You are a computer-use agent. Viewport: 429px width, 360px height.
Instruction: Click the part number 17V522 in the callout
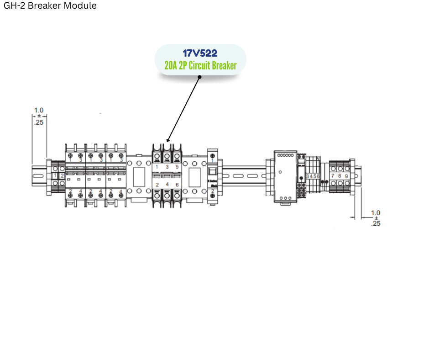(199, 53)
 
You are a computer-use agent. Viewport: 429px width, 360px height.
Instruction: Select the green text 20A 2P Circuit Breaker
(200, 66)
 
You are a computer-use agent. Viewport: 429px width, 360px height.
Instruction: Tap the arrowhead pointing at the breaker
(168, 140)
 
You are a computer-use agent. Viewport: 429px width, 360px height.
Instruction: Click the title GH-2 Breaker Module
(50, 6)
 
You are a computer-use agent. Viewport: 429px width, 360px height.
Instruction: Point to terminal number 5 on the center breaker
(177, 167)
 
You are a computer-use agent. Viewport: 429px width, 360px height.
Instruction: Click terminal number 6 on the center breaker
(177, 185)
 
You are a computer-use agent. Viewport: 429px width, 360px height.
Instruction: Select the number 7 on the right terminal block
(333, 176)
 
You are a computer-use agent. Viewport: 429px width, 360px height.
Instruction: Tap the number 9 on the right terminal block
(347, 176)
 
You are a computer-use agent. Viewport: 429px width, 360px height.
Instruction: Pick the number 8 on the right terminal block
(340, 176)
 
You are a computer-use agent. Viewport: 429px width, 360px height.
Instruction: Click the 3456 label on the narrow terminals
(313, 176)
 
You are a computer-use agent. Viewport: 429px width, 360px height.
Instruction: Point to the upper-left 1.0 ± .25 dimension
(39, 116)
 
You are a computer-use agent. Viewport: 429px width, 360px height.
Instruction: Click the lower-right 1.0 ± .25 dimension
(376, 218)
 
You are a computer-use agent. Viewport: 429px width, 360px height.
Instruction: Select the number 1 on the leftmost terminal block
(55, 176)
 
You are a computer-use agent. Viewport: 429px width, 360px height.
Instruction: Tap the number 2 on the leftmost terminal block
(62, 176)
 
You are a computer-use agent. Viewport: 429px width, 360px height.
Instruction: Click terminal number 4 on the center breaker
(167, 185)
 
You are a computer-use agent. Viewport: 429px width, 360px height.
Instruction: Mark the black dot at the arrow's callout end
(199, 77)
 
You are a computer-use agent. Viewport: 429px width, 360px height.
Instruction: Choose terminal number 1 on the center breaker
(157, 167)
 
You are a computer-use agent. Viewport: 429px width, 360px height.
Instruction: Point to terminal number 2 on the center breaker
(157, 185)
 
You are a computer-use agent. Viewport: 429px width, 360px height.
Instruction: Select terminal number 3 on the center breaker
(167, 167)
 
